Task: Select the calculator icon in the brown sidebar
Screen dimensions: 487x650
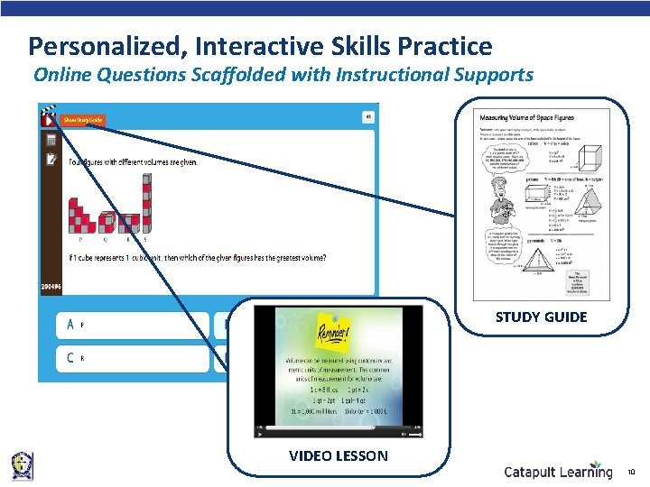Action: click(51, 140)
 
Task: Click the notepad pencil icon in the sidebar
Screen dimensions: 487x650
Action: click(51, 160)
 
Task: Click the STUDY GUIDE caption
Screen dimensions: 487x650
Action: click(541, 317)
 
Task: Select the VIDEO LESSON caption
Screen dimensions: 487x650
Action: click(338, 455)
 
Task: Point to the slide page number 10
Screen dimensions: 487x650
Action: click(631, 471)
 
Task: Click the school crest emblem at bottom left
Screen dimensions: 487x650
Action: click(22, 465)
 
